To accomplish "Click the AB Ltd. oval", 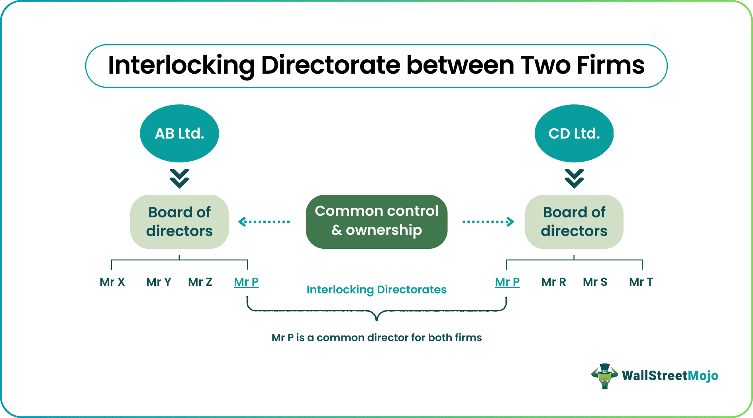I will click(179, 133).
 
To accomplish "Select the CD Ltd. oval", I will click(574, 133).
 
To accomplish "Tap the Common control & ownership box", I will click(376, 221).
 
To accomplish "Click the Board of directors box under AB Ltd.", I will click(179, 221).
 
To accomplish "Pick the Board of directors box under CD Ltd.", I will click(574, 221).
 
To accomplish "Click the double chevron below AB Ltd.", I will click(179, 178).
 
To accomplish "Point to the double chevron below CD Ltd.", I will click(574, 178).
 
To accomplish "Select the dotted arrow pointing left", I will click(264, 222).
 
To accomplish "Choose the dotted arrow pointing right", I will click(488, 222).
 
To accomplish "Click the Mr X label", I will click(112, 282).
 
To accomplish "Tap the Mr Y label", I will click(159, 282).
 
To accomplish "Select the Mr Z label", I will click(200, 282).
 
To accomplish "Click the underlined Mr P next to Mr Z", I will click(246, 282).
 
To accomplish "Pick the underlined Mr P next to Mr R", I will click(507, 282).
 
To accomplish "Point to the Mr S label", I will click(595, 282).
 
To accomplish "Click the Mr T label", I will click(641, 282).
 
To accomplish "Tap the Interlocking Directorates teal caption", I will click(376, 290).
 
